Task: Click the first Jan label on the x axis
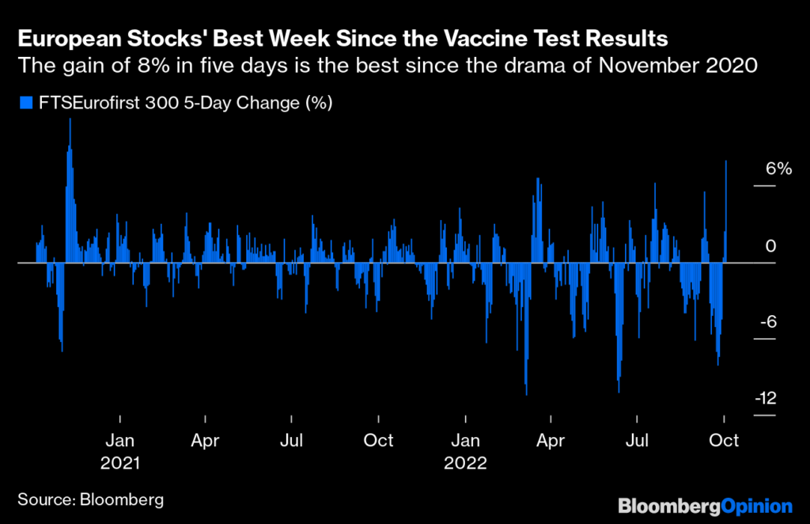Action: pyautogui.click(x=119, y=440)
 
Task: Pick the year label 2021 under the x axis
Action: pyautogui.click(x=119, y=462)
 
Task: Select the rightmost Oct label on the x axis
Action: pyautogui.click(x=724, y=440)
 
